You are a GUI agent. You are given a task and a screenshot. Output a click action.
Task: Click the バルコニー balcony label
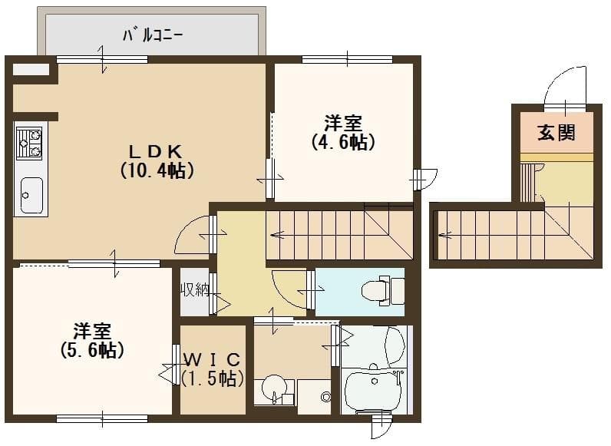click(x=153, y=35)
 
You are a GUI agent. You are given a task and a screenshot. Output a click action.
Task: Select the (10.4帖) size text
click(x=155, y=170)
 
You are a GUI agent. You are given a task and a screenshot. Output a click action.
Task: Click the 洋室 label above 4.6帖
click(x=342, y=123)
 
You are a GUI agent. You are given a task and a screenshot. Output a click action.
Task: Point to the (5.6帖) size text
click(x=92, y=351)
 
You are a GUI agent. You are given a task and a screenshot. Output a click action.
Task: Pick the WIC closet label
click(x=214, y=358)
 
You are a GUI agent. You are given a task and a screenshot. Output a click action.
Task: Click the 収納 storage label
click(x=195, y=290)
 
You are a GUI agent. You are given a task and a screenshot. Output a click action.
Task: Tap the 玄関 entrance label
click(x=556, y=133)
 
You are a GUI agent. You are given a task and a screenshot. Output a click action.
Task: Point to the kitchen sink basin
click(x=31, y=196)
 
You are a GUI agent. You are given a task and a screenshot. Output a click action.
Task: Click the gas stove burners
click(x=30, y=143)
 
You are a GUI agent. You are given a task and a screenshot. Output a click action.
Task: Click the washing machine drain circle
click(x=326, y=397)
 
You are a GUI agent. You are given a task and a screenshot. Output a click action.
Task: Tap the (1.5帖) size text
click(x=213, y=378)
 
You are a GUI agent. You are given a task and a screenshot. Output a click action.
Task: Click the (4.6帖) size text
click(x=343, y=143)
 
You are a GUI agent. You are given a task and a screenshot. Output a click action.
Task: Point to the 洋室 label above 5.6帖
click(x=92, y=331)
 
